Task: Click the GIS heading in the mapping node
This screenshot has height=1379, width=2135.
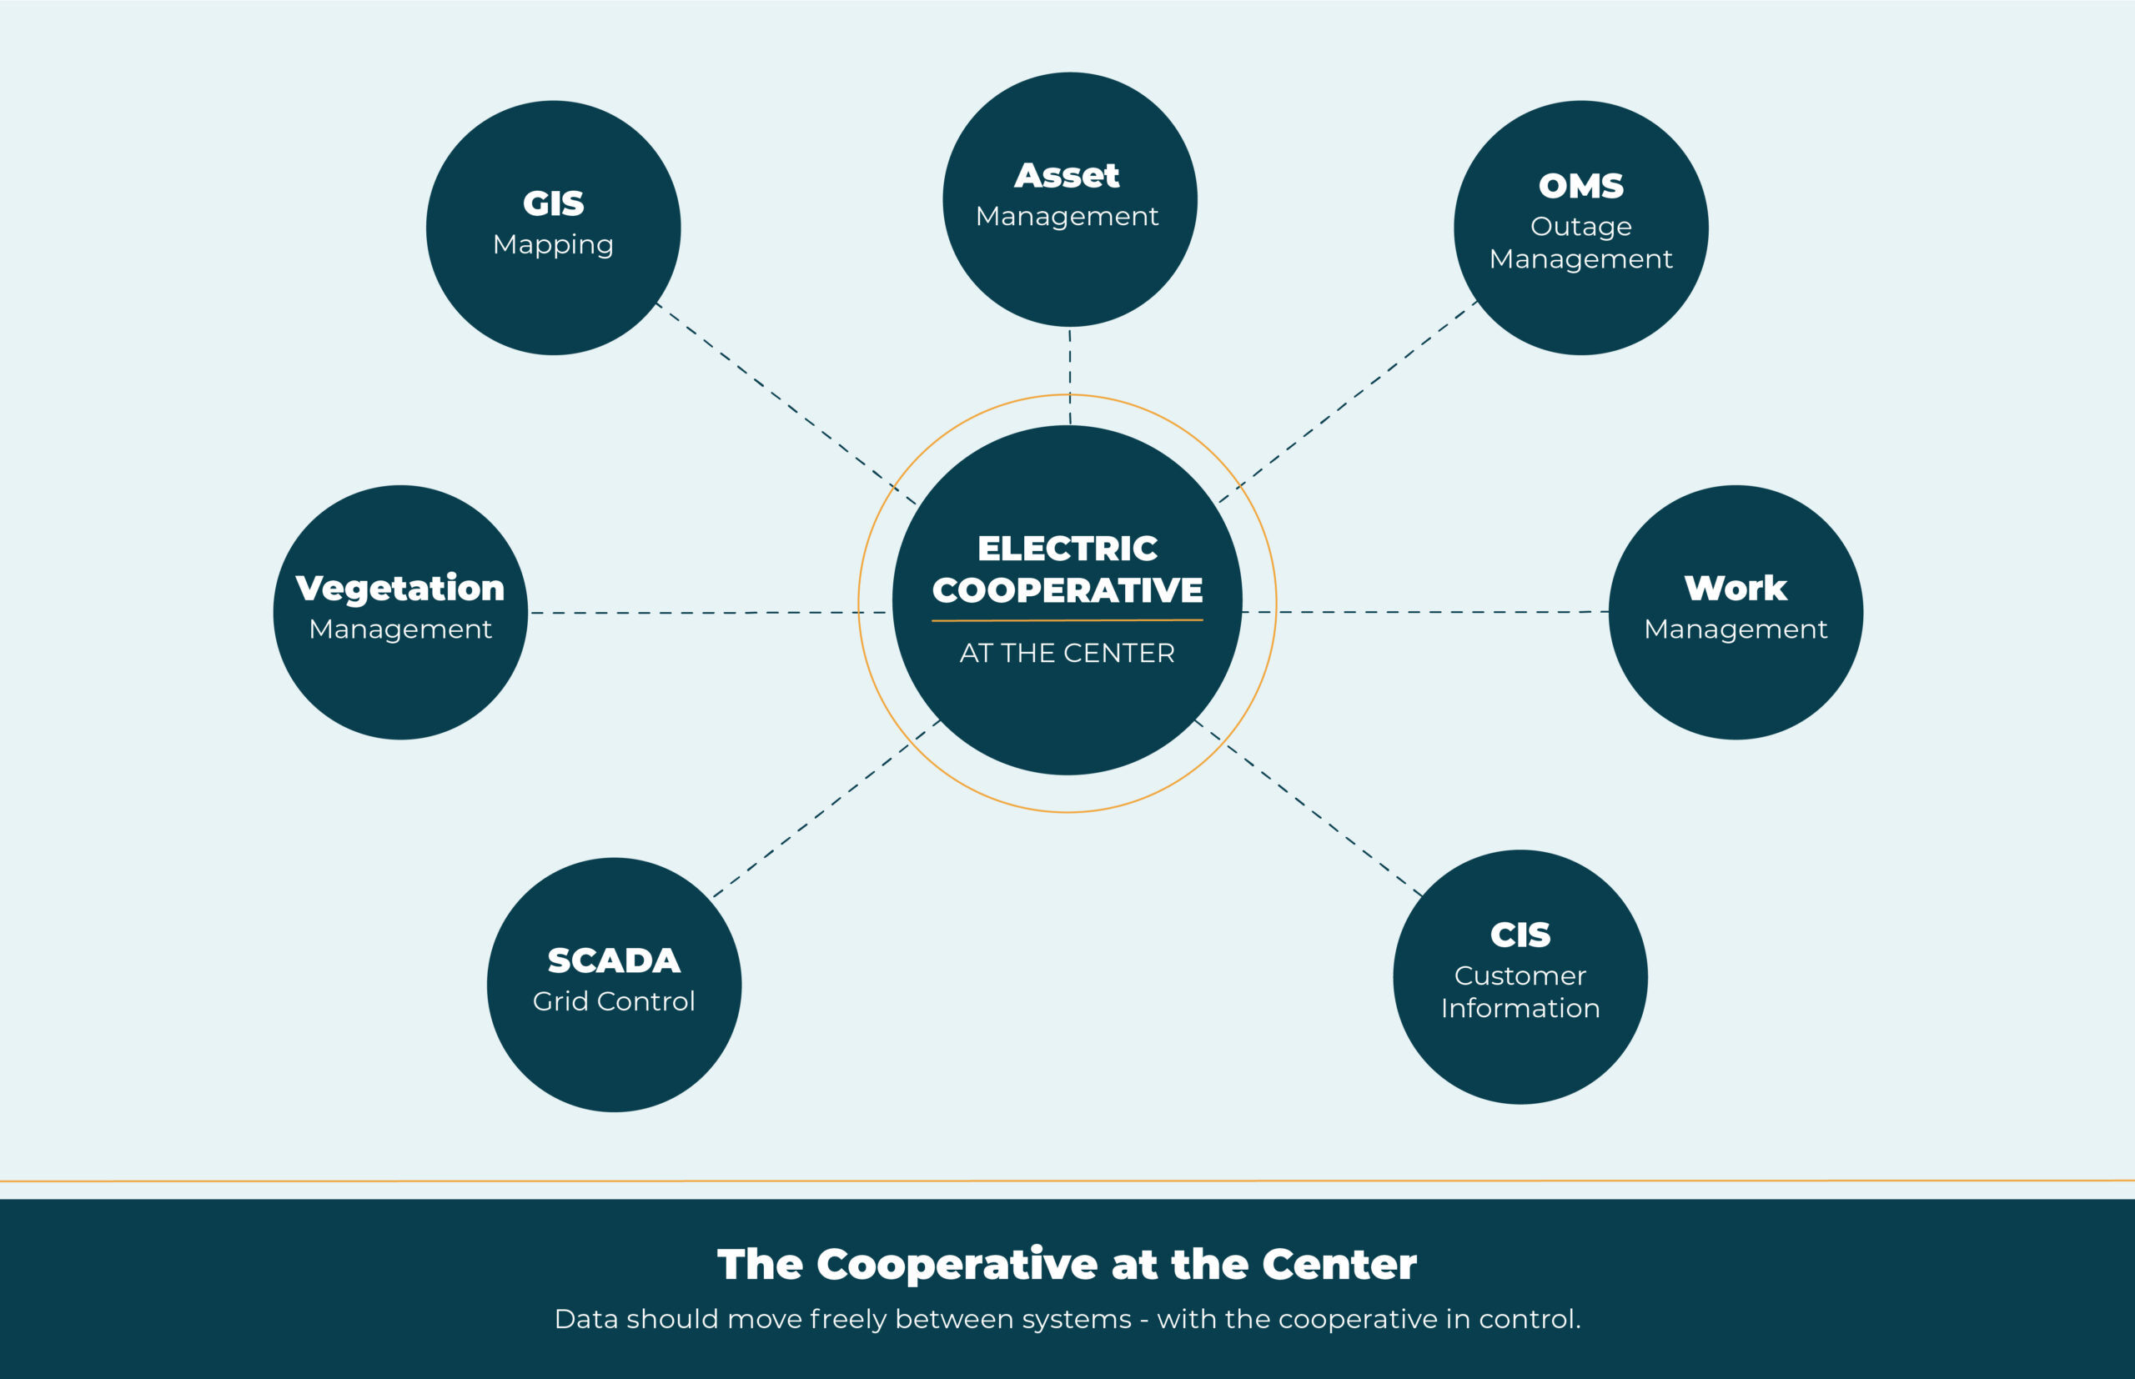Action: [554, 204]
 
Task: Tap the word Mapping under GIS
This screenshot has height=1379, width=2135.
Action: [554, 244]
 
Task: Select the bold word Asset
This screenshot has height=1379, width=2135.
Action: [1067, 176]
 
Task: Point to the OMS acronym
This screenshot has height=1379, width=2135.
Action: [1580, 186]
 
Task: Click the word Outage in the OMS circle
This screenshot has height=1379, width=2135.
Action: [1580, 227]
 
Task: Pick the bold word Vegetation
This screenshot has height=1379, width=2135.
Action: [400, 589]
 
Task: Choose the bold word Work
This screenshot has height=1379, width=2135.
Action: [1736, 589]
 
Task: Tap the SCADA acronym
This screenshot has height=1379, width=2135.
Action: [614, 960]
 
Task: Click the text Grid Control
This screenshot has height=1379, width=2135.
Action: [614, 1001]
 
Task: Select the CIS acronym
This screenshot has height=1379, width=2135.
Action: [1520, 935]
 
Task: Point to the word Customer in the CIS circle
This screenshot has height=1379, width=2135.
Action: [1520, 975]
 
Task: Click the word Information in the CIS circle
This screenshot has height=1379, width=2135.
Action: [1520, 1008]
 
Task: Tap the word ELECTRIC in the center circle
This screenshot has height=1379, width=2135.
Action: [1067, 548]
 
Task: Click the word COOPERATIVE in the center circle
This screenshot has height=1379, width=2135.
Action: [1067, 590]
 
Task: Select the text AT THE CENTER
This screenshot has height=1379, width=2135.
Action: [1067, 653]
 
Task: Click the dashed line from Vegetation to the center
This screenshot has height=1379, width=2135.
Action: [699, 614]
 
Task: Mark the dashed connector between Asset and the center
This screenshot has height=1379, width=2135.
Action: [1069, 376]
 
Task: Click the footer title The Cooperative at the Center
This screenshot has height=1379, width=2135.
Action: [1067, 1265]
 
